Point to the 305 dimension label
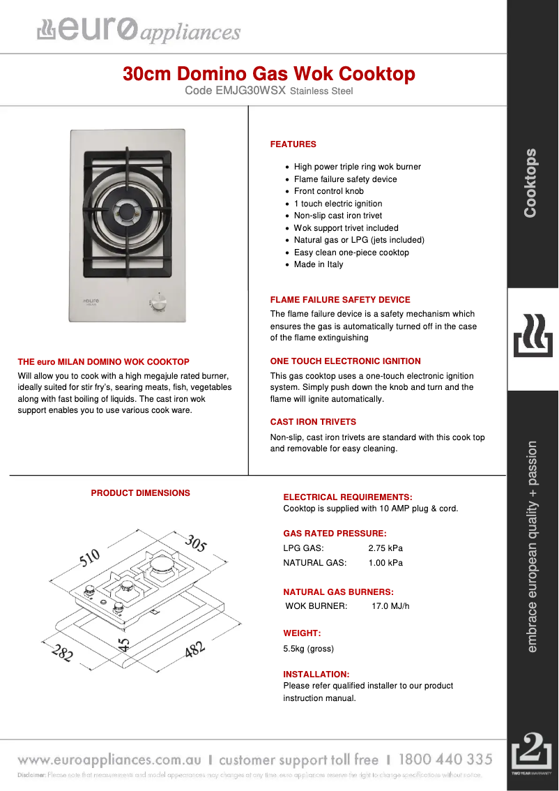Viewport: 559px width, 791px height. (x=196, y=543)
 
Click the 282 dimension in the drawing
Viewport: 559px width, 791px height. (x=62, y=654)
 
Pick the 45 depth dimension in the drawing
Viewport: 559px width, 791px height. (x=125, y=644)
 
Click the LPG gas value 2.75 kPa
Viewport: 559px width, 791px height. (x=385, y=548)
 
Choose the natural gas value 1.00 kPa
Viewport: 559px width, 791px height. (x=385, y=563)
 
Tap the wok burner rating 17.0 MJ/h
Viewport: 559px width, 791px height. (x=390, y=606)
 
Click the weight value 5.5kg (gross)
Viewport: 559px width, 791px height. (x=308, y=649)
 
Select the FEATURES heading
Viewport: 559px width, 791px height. (x=293, y=144)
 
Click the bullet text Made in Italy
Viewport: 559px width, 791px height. (x=319, y=264)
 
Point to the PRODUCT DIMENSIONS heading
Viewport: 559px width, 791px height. (x=140, y=493)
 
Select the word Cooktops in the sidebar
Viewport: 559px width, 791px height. (x=531, y=183)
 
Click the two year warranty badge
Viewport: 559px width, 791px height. (x=532, y=754)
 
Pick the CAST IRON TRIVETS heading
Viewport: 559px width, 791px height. (x=313, y=422)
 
